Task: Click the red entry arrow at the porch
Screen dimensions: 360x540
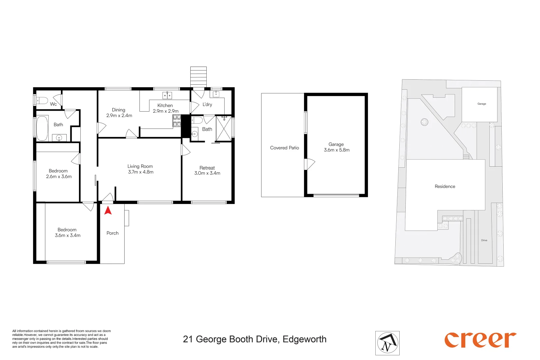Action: [x=108, y=211]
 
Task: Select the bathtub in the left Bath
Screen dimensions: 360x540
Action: [x=42, y=128]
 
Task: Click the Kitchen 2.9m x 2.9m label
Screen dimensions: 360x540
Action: [x=165, y=108]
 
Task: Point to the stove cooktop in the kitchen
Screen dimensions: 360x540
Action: [x=177, y=121]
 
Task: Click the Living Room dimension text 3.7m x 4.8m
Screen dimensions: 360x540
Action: [x=141, y=172]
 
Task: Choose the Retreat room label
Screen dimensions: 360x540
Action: [x=207, y=168]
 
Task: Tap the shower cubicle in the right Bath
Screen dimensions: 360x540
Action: [x=224, y=129]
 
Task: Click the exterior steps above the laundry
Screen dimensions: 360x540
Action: [x=198, y=76]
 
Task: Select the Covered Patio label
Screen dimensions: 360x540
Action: [x=284, y=148]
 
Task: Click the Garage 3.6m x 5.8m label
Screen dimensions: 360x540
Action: [x=336, y=147]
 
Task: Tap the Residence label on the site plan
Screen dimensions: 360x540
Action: [x=445, y=186]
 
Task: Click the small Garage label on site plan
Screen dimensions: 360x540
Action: [x=482, y=104]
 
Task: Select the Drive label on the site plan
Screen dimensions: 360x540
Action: [x=484, y=240]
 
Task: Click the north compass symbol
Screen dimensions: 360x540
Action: [x=387, y=343]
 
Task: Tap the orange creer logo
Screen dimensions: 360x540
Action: [x=480, y=340]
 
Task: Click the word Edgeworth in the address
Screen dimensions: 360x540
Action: [x=304, y=339]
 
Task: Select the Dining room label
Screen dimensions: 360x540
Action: [x=119, y=110]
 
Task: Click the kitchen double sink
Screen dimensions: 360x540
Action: [x=167, y=96]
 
